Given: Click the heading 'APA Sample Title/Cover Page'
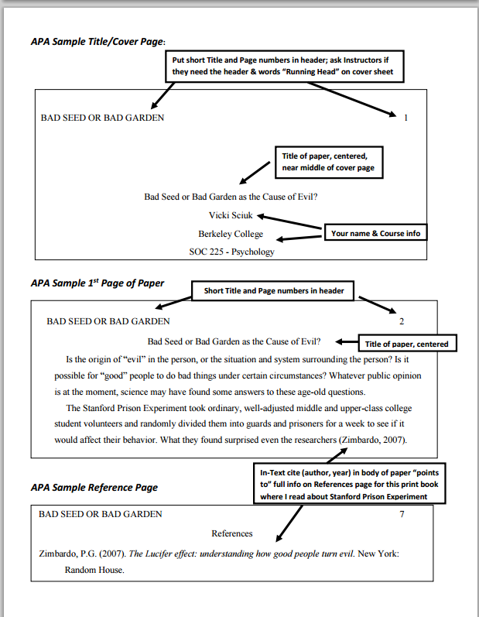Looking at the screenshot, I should pyautogui.click(x=98, y=41).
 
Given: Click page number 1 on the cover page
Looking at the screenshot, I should pyautogui.click(x=405, y=118).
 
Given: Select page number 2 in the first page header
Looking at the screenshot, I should pyautogui.click(x=401, y=320).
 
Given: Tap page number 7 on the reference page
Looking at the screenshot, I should pyautogui.click(x=401, y=513).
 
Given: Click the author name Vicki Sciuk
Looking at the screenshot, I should pyautogui.click(x=231, y=215).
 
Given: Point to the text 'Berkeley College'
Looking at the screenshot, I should pyautogui.click(x=231, y=234).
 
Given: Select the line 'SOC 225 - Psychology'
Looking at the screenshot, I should pyautogui.click(x=231, y=251).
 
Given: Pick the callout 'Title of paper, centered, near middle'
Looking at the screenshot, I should pyautogui.click(x=329, y=162).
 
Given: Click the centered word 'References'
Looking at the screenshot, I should pyautogui.click(x=232, y=533).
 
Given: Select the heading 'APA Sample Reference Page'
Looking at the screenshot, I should pyautogui.click(x=94, y=488).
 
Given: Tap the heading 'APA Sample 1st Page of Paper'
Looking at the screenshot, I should pyautogui.click(x=97, y=283).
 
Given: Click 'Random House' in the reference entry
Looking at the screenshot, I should pyautogui.click(x=94, y=570).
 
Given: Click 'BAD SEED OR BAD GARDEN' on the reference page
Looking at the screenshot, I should pyautogui.click(x=101, y=513).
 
